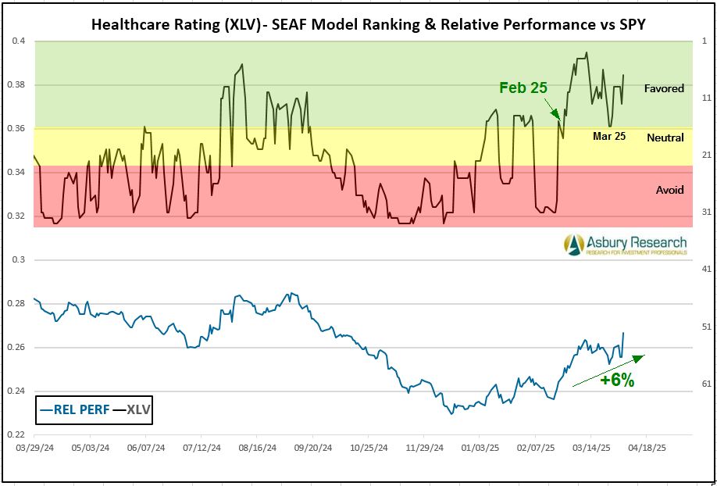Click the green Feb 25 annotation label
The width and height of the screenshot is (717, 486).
(523, 88)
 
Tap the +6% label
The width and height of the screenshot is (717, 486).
(617, 381)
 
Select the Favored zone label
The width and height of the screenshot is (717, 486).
(664, 88)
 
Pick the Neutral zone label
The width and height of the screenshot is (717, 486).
(665, 138)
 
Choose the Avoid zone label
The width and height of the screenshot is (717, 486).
(669, 190)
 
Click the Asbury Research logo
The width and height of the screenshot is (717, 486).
(626, 245)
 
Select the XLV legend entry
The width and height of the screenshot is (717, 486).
(130, 409)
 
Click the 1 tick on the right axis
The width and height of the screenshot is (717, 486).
(705, 41)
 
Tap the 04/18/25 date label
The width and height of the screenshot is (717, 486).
(647, 449)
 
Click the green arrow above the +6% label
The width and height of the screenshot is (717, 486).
(609, 370)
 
